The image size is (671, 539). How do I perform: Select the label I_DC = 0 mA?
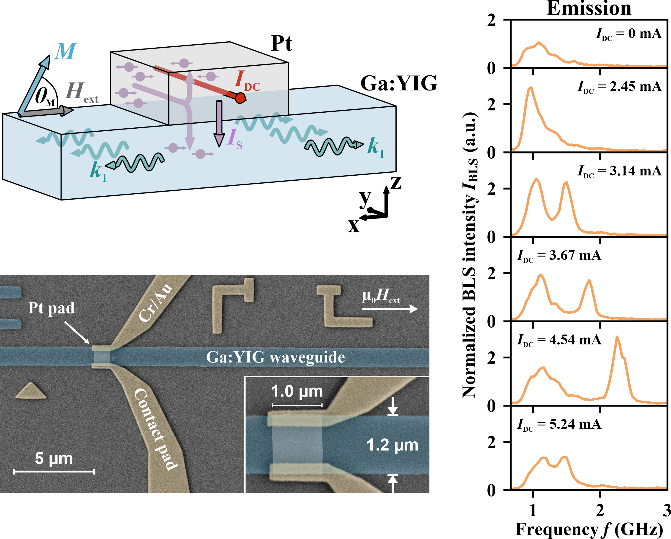pos(628,34)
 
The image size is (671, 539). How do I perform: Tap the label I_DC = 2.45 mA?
pos(619,87)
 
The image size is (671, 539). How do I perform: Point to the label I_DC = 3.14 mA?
pos(619,171)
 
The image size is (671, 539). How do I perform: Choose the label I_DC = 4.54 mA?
pos(559,340)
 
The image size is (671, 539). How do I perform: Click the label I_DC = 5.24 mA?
pos(559,424)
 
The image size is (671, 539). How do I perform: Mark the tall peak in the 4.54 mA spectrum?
pos(617,337)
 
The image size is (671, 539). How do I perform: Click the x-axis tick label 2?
pos(600,510)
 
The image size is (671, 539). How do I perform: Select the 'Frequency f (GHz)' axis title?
pos(589,529)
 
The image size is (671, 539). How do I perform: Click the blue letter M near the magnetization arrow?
pos(65,51)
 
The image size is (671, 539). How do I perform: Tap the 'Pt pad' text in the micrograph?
pos(51,308)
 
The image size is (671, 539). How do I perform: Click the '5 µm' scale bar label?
pos(53,458)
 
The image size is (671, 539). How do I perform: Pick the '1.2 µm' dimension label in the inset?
pos(392,445)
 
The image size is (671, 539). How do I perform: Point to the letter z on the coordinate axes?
pos(395,183)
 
